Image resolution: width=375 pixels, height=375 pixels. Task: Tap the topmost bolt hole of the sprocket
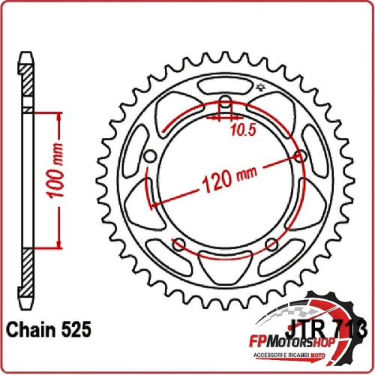click(226, 103)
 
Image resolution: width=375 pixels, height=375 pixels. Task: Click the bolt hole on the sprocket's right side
click(302, 156)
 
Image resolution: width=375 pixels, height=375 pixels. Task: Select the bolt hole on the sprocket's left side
click(148, 156)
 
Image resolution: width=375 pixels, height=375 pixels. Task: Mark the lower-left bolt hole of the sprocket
click(178, 244)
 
